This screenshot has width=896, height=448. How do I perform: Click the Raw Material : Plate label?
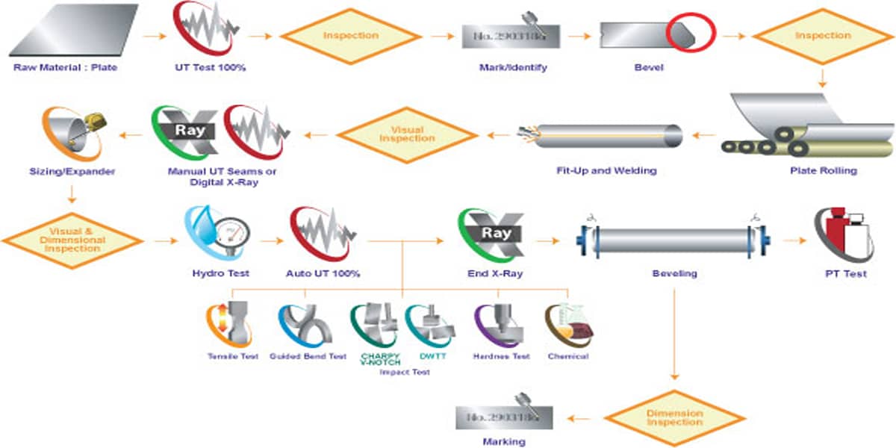point(65,68)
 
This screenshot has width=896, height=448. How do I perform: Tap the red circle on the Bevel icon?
point(690,34)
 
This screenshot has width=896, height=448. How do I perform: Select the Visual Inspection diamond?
point(407,134)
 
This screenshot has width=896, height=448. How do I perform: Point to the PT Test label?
point(845,274)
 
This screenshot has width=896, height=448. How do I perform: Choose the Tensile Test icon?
point(231,324)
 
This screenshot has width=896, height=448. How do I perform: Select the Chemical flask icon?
point(568,324)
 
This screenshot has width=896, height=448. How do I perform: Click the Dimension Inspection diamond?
point(674,417)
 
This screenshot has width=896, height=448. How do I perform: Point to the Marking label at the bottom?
point(504,441)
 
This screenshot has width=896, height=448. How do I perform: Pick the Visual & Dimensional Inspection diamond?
point(73,240)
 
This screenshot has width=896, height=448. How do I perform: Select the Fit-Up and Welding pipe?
point(605,135)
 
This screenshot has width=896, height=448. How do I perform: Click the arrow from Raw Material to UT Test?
point(154,35)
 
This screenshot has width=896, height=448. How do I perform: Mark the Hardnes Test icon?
point(500,324)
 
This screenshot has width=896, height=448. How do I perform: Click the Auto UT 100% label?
point(323,274)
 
